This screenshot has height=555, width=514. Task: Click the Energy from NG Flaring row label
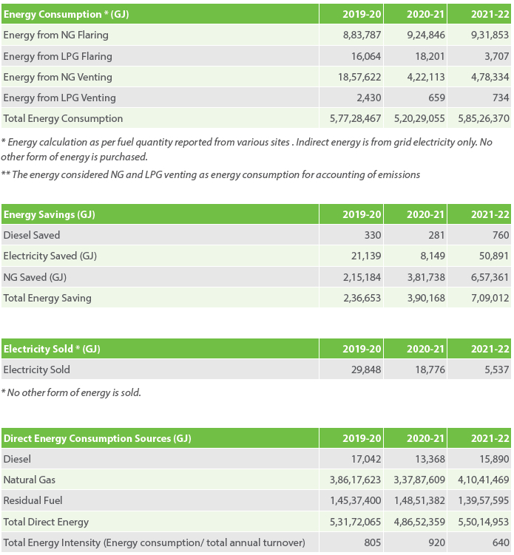coord(56,35)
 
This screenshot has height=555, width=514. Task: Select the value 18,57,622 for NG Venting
coord(359,77)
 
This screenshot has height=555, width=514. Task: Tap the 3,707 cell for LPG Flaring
coord(497,56)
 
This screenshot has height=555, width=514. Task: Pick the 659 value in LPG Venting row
coord(436,98)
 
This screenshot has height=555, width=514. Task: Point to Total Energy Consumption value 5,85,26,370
coord(484,118)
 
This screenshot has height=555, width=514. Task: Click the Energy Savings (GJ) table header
coord(50,214)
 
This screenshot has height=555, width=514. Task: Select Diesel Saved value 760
coord(501,235)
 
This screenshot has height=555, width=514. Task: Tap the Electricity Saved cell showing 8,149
coord(433,256)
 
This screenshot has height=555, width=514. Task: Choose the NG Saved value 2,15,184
coord(362,277)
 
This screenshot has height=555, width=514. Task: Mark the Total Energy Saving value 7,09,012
coord(490,298)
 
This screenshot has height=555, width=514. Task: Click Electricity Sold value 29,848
coord(366,370)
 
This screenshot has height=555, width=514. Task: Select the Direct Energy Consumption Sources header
coord(98,438)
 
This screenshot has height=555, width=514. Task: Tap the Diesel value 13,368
coord(430,459)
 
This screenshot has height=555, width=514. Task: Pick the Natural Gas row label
coord(30,480)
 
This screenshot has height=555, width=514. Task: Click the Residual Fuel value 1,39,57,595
coord(484,500)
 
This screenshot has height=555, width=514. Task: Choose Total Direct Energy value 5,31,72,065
coord(355,522)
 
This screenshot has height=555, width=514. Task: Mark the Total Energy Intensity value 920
coord(436,542)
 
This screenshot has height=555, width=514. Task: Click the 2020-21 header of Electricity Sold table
coord(425,349)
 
